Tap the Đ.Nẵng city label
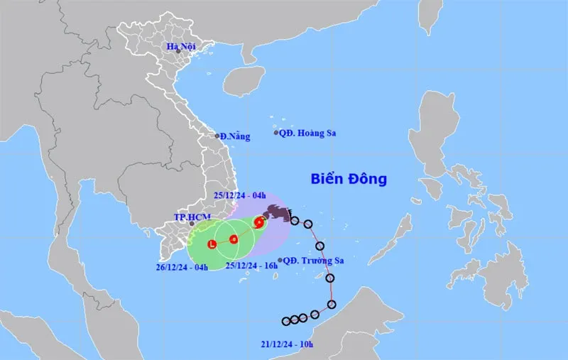coord(236,136)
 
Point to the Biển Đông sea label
coord(349,179)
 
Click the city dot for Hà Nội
coord(179,51)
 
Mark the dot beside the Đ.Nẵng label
coord(217,135)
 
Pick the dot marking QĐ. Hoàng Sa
coord(276,132)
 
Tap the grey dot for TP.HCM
coord(192,224)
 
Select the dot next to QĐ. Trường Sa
coord(281,261)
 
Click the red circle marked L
coord(212,245)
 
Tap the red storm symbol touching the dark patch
coord(258,223)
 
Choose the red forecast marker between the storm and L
coord(233,239)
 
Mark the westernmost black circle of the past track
coord(285,321)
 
